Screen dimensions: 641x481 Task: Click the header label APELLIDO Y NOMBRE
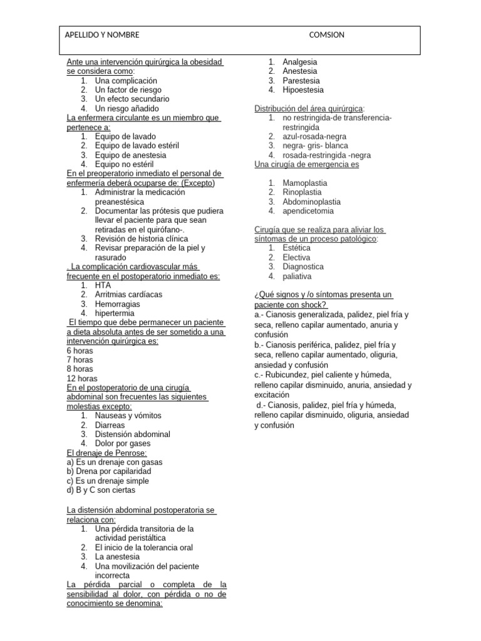(102, 35)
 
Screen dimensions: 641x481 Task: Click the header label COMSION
(327, 35)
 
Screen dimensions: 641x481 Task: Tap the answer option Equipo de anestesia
(130, 155)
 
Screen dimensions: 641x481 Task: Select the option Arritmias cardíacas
(128, 294)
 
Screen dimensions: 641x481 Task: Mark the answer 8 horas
(80, 369)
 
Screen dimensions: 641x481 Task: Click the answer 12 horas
(82, 378)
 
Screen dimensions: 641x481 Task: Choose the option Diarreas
(110, 425)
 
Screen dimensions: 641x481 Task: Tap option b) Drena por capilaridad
(109, 471)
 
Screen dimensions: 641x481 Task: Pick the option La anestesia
(117, 556)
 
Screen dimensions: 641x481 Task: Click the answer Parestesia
(301, 81)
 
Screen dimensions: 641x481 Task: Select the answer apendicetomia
(308, 211)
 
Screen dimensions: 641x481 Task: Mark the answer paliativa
(297, 276)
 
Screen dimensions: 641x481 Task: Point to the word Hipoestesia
(303, 90)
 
